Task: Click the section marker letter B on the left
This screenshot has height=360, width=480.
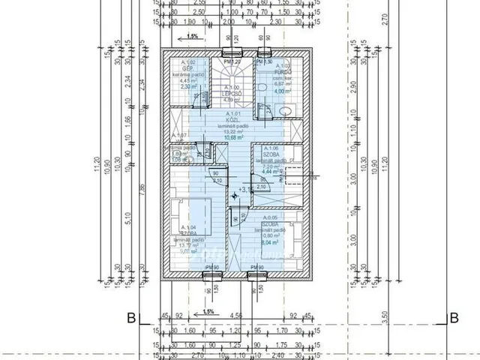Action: click(x=130, y=318)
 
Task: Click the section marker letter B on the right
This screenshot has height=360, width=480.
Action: click(x=453, y=318)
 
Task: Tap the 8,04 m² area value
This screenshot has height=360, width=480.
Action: click(x=268, y=241)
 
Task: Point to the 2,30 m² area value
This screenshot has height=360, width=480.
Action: click(x=187, y=86)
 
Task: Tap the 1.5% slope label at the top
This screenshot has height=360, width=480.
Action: click(x=193, y=36)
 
